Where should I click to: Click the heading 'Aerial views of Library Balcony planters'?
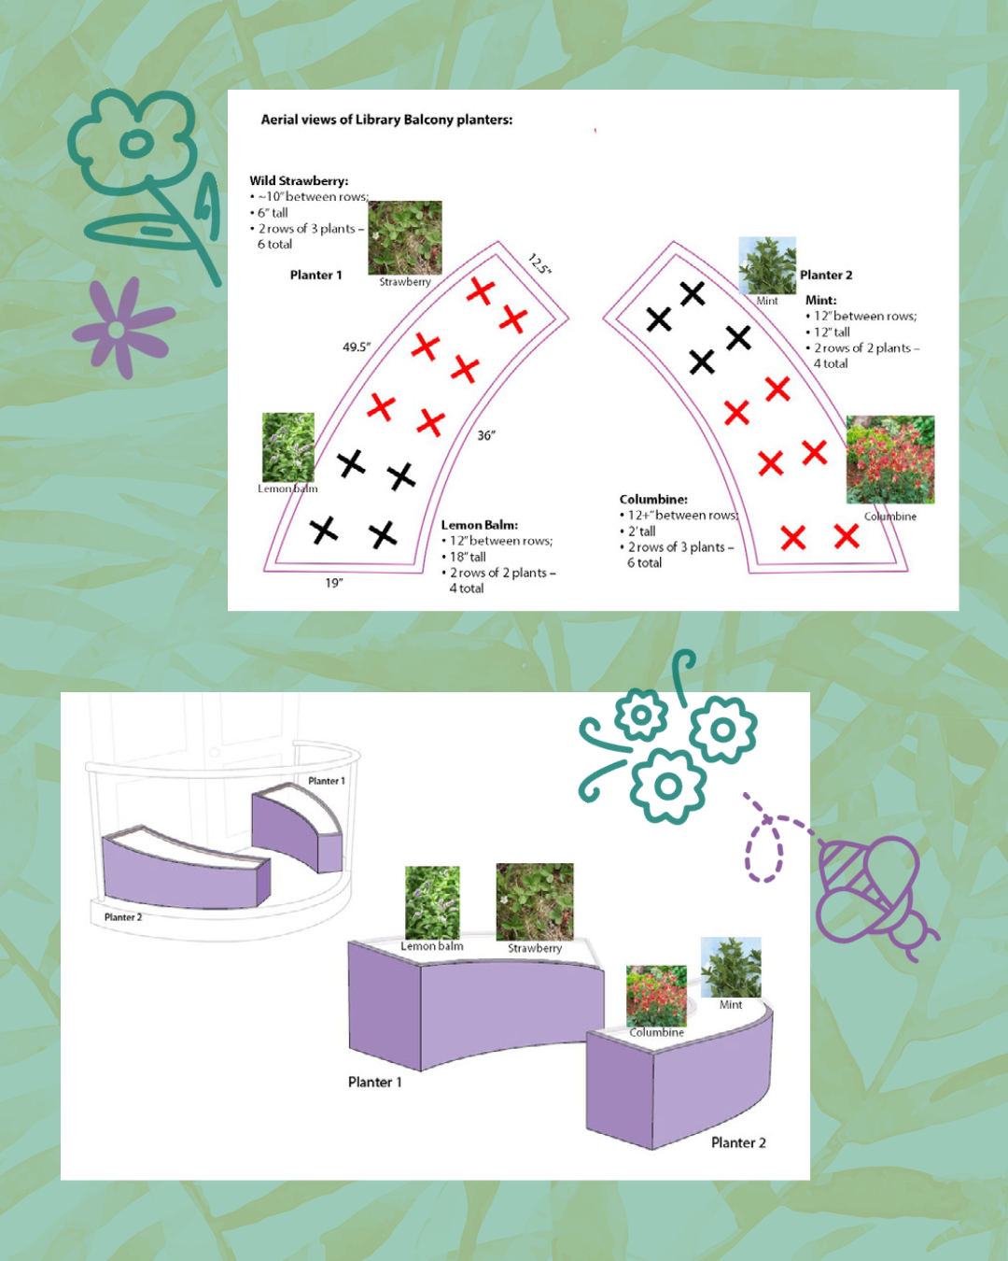tap(386, 120)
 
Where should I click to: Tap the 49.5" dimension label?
tap(357, 347)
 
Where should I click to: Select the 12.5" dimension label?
tap(540, 263)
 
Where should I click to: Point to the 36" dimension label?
tap(486, 435)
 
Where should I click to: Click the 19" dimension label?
tap(334, 583)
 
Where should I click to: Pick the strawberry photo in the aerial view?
tap(405, 238)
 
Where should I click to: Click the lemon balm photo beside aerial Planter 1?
tap(288, 447)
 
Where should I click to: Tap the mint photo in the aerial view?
tap(767, 265)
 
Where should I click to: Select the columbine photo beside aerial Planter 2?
tap(890, 460)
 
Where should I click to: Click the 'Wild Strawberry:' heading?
tap(299, 181)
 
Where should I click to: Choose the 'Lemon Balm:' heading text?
tap(480, 525)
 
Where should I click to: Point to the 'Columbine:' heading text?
tap(653, 499)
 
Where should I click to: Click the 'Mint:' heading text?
tap(821, 300)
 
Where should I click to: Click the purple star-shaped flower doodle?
tap(120, 329)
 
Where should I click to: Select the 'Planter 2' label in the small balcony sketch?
tap(123, 917)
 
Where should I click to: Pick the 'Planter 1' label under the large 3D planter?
tap(375, 1083)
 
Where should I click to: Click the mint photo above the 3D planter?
tap(731, 967)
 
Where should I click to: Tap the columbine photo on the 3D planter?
tap(656, 996)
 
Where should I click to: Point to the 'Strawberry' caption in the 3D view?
tap(535, 948)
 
